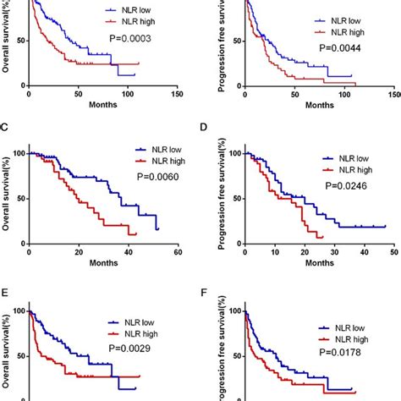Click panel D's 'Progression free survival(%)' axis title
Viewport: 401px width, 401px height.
tap(218, 195)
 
